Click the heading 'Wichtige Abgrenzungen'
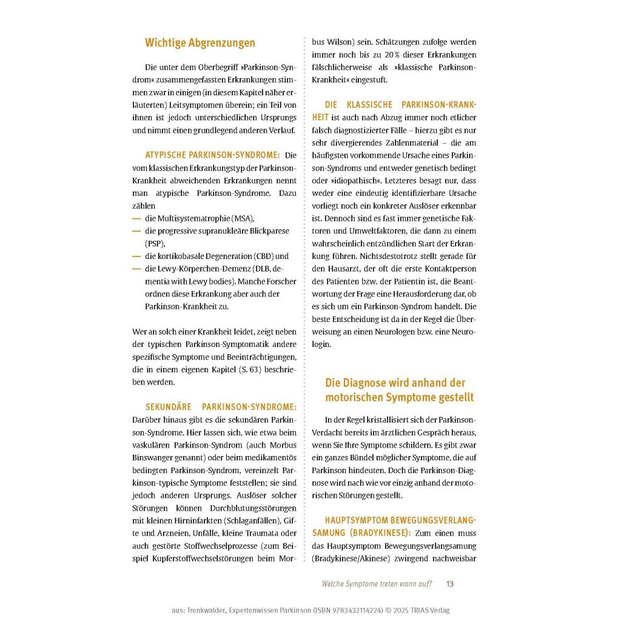[200, 43]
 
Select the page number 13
[449, 584]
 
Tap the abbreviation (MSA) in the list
[244, 218]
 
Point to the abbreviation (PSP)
[155, 243]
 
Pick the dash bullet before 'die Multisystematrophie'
[136, 218]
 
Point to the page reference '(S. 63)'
[257, 370]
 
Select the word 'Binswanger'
[152, 457]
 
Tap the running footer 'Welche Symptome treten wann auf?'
[377, 584]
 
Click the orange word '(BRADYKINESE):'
[380, 533]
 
